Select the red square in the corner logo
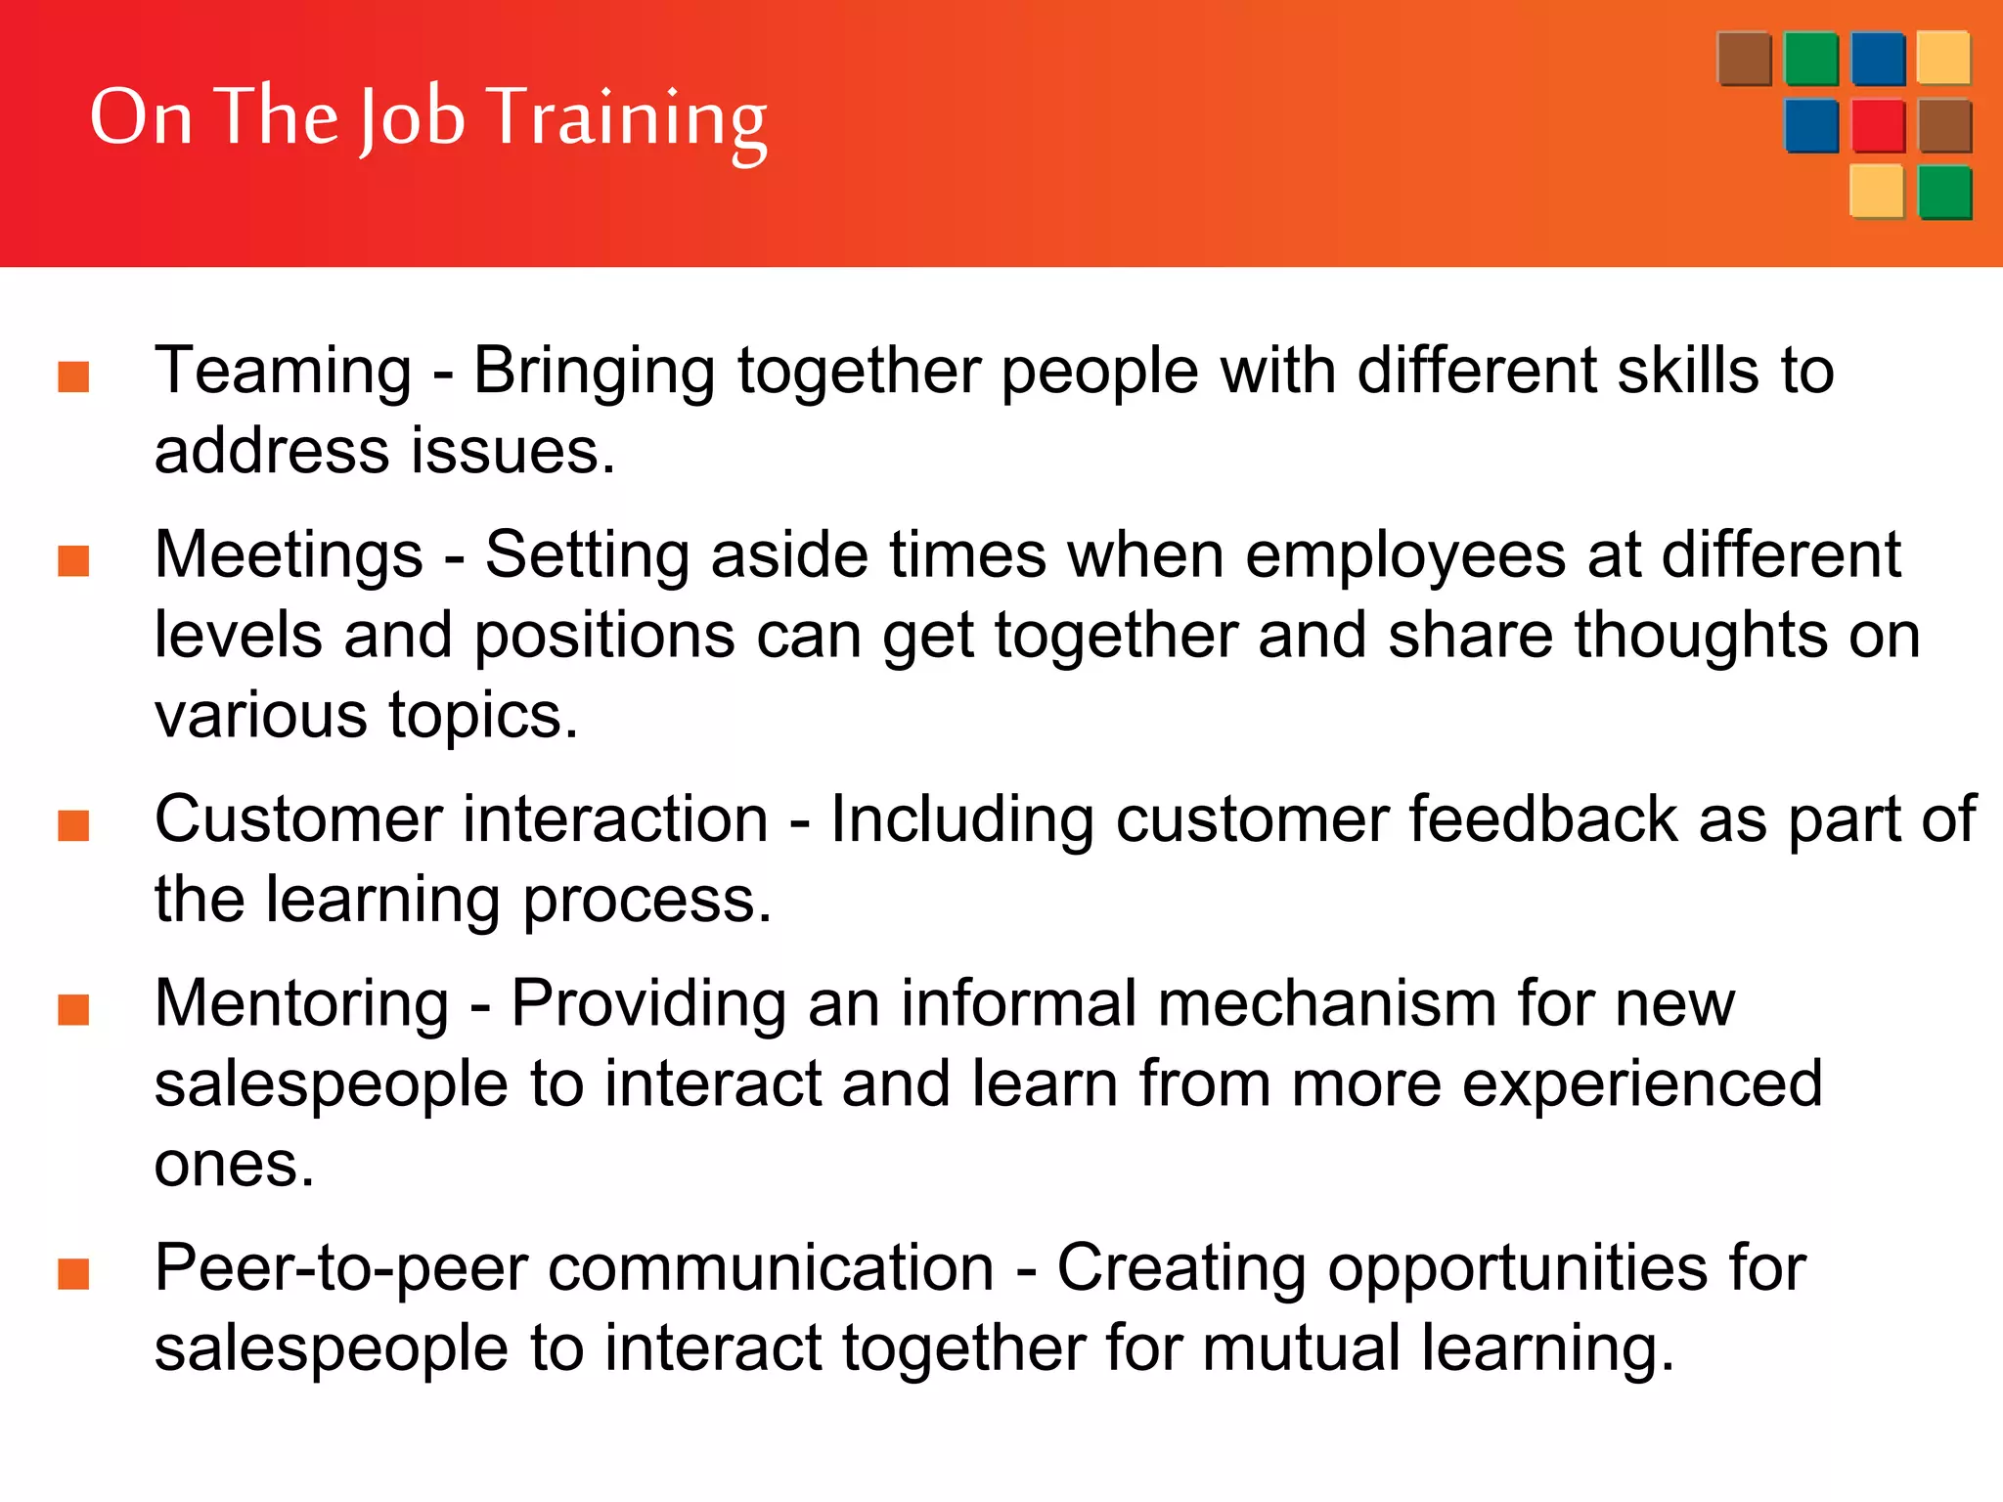(1877, 126)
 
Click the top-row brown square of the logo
(1744, 59)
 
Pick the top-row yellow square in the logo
(1943, 59)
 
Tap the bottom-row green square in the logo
(1944, 193)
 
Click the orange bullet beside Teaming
(74, 376)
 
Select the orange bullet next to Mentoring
(74, 1009)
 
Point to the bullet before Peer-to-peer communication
(74, 1274)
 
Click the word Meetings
(289, 555)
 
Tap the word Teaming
(283, 372)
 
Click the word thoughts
(1701, 636)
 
